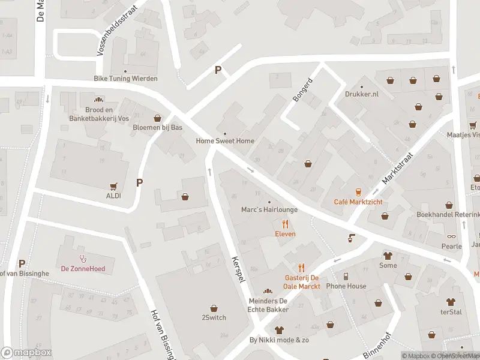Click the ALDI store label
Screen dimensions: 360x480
click(x=113, y=196)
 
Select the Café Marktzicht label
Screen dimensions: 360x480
click(x=358, y=202)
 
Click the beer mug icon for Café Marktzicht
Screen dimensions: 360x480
click(x=358, y=192)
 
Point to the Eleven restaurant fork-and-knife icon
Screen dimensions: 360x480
click(x=285, y=224)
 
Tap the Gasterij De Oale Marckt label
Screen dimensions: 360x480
click(x=302, y=282)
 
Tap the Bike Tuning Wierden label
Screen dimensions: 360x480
click(x=125, y=79)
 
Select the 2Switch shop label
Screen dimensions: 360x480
click(x=214, y=317)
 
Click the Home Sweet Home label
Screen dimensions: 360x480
click(x=225, y=141)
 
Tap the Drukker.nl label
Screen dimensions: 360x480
click(x=362, y=94)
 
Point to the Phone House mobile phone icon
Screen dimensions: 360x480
click(x=346, y=277)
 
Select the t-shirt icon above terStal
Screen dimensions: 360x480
click(x=450, y=302)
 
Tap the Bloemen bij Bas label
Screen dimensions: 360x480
click(x=157, y=127)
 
